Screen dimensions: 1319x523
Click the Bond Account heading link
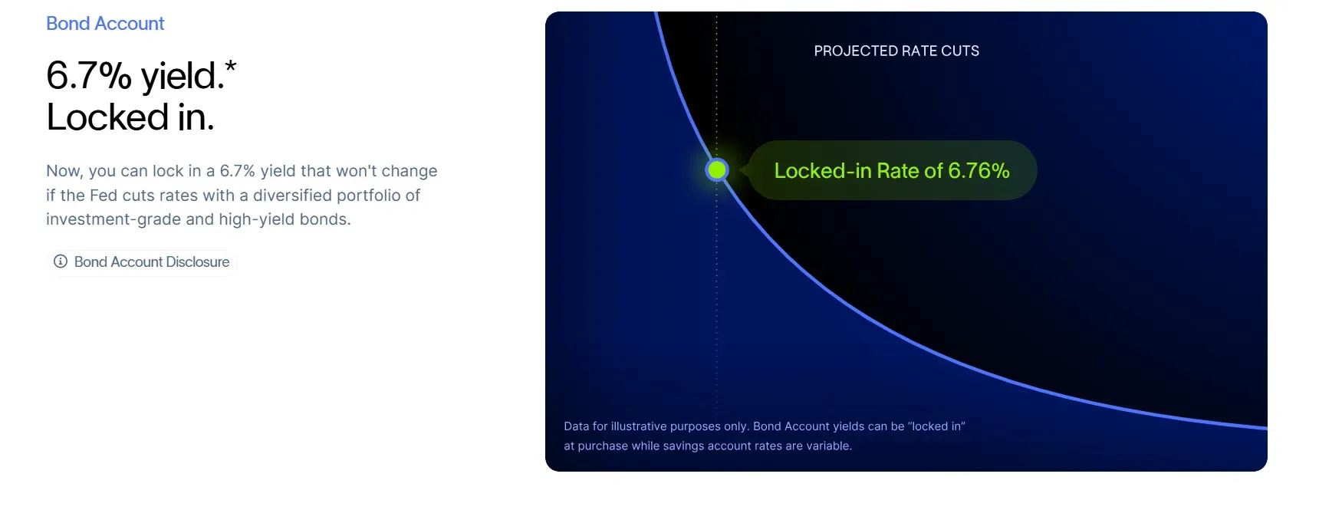click(105, 24)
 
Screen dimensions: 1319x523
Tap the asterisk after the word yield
click(231, 67)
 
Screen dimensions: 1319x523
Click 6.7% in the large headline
click(89, 76)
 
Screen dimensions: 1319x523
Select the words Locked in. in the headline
click(130, 117)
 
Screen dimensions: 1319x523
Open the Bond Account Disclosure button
click(142, 262)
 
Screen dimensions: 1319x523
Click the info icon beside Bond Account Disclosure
click(61, 261)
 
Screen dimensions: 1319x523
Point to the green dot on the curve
click(717, 170)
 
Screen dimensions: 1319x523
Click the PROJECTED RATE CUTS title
click(896, 51)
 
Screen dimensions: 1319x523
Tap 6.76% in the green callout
click(979, 170)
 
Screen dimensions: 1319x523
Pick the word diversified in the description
click(302, 196)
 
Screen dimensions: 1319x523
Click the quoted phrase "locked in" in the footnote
click(937, 426)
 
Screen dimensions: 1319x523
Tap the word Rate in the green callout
click(898, 170)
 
